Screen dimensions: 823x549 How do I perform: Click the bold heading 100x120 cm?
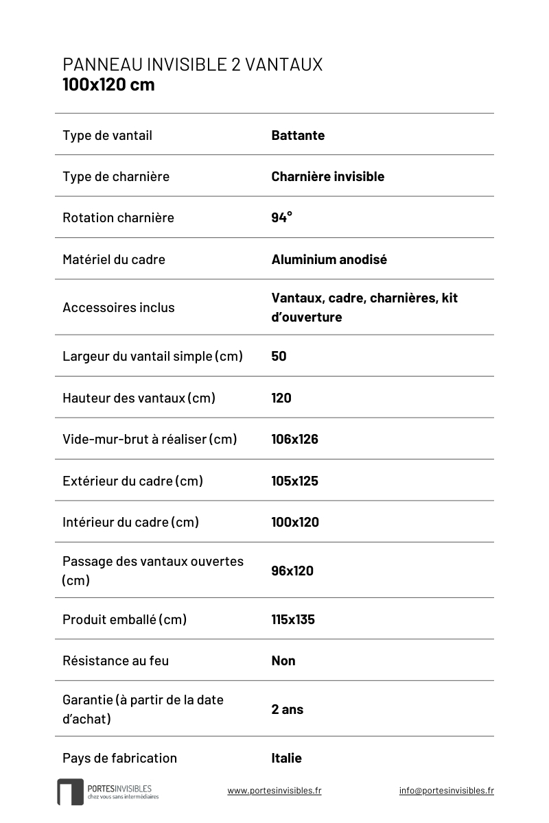click(x=108, y=85)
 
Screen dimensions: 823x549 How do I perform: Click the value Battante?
click(x=298, y=135)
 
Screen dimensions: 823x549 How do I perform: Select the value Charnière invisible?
click(x=327, y=176)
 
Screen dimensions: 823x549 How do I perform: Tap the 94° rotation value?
click(x=281, y=217)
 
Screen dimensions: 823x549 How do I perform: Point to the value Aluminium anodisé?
click(x=329, y=259)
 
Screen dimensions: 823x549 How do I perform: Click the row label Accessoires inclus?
click(x=118, y=307)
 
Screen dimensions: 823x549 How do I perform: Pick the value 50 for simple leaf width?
click(x=279, y=356)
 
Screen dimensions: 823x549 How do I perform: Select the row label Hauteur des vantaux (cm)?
click(x=139, y=398)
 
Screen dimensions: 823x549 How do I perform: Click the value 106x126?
click(x=294, y=439)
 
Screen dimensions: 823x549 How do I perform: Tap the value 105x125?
click(x=294, y=481)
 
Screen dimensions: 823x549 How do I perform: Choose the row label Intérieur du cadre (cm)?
click(x=130, y=522)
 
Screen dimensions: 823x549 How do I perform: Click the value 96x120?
click(x=292, y=571)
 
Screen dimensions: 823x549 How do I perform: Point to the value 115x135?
click(x=292, y=619)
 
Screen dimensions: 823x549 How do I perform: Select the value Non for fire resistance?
click(x=283, y=660)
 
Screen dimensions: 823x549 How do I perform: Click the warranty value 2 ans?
click(x=287, y=709)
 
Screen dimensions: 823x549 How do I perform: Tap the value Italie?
click(x=286, y=758)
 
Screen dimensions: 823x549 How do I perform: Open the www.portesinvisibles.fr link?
click(x=274, y=790)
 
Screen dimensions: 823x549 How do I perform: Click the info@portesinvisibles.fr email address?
click(x=446, y=790)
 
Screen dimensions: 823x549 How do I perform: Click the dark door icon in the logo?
click(x=70, y=791)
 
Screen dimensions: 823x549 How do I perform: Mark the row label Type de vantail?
click(x=107, y=135)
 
